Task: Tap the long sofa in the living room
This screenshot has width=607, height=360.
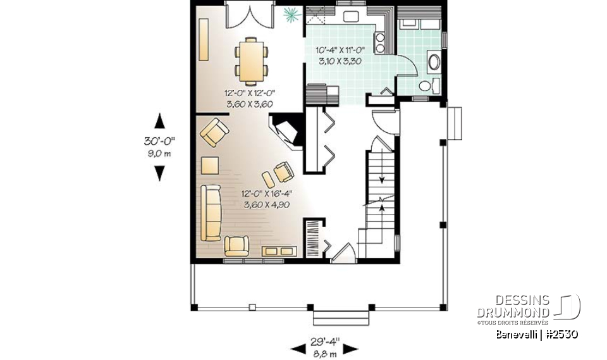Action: click(210, 213)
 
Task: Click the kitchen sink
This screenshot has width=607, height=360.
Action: click(348, 15)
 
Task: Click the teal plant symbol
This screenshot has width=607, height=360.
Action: click(291, 13)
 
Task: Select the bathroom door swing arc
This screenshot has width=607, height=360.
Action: click(410, 65)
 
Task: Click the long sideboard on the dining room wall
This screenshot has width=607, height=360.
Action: click(204, 39)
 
